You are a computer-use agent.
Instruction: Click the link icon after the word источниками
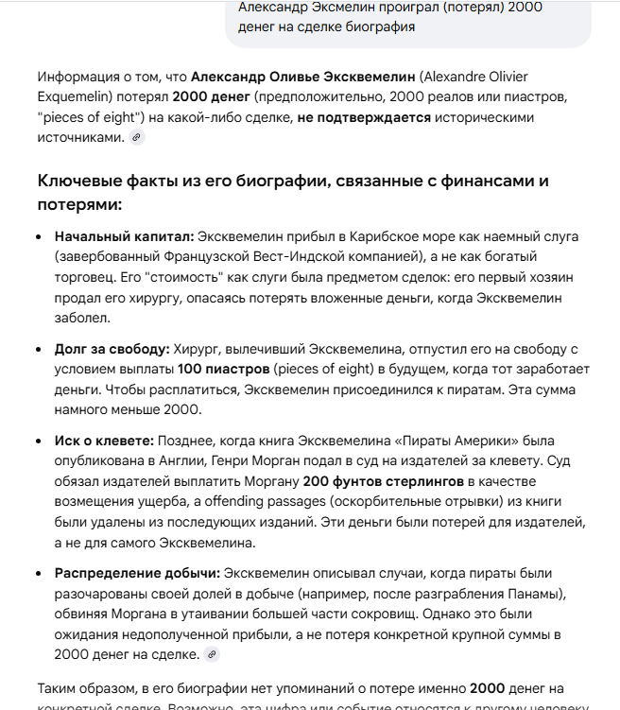click(x=136, y=137)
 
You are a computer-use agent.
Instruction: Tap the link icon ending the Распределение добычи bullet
click(x=213, y=653)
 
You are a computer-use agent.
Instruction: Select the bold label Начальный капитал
click(x=124, y=236)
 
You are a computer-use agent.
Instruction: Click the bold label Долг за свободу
click(x=112, y=348)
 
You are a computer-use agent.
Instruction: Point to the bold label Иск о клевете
click(x=104, y=441)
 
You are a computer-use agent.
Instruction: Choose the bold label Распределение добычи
click(x=137, y=573)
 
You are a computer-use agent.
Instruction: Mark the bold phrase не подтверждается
click(x=364, y=117)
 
